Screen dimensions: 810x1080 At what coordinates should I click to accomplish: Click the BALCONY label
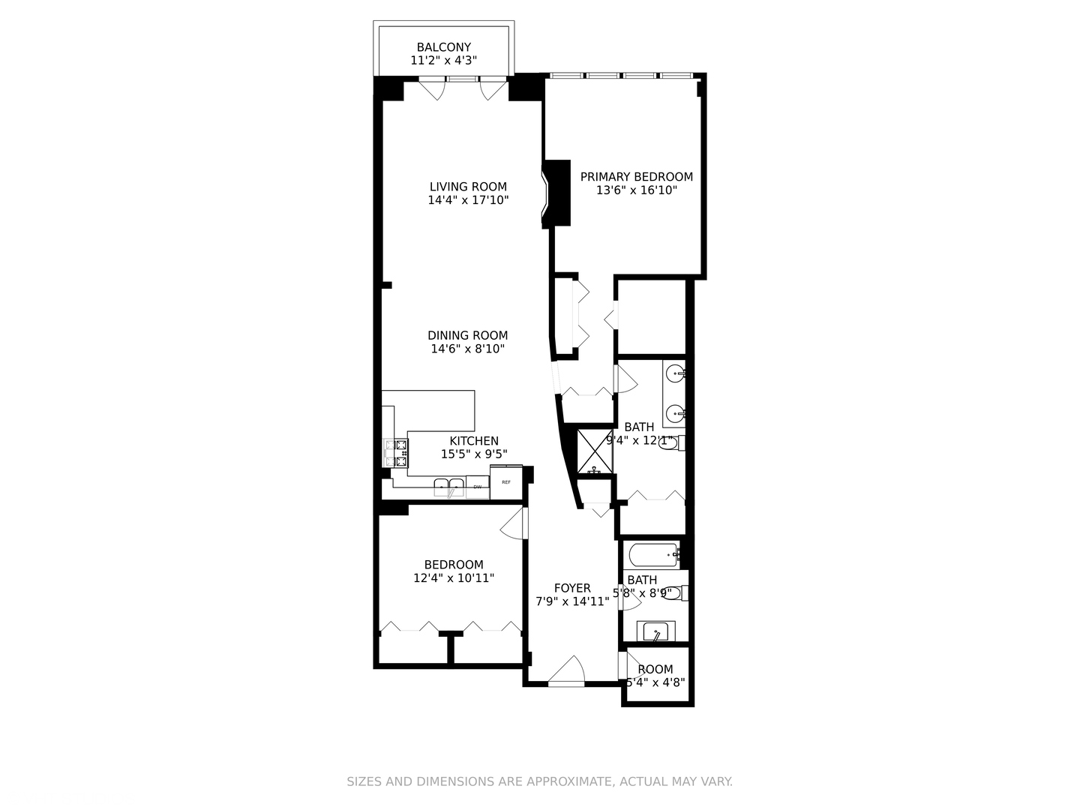coord(444,47)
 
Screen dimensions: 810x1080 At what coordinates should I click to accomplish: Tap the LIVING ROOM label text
coord(468,187)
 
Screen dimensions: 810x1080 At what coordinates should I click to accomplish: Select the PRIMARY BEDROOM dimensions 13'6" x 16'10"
coord(637,190)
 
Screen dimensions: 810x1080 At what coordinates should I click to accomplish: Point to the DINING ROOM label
coord(467,335)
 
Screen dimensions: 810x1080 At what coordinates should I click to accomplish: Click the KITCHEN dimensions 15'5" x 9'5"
coord(474,454)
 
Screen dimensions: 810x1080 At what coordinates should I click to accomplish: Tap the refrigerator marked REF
coord(506,481)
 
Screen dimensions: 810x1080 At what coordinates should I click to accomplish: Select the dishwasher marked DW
coord(478,487)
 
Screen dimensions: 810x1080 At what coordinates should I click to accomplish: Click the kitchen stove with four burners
coord(396,454)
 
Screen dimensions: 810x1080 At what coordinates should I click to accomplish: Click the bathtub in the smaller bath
coord(652,556)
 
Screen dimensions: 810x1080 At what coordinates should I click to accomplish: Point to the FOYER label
coord(572,588)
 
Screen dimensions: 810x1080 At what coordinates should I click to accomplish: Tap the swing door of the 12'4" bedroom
coord(515,523)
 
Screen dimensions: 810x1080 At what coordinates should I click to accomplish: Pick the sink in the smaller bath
coord(656,631)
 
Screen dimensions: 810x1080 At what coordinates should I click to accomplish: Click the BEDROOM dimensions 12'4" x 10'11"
coord(454,578)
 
